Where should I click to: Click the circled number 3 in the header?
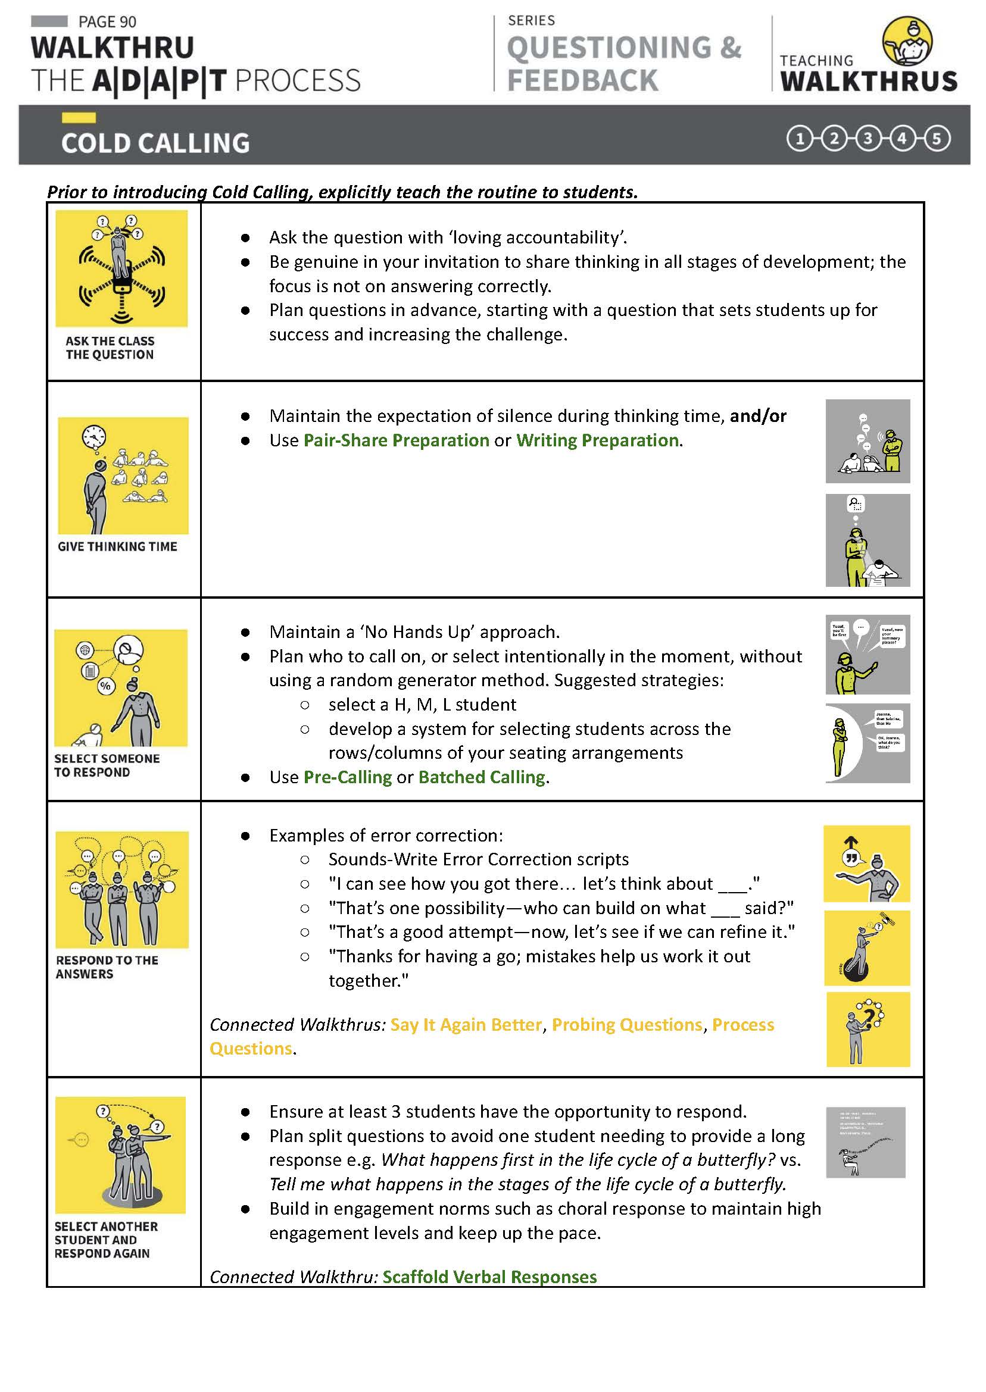click(x=868, y=139)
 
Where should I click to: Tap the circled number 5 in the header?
click(x=935, y=139)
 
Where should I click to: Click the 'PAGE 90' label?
click(x=107, y=22)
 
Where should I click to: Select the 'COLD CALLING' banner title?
click(x=155, y=143)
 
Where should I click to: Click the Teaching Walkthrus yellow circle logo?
click(x=906, y=42)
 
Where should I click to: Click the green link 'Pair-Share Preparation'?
click(x=396, y=440)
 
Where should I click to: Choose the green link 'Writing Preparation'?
click(x=597, y=440)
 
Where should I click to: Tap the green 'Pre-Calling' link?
click(x=347, y=777)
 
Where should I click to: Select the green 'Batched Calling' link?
click(x=482, y=777)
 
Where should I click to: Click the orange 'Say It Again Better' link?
click(x=466, y=1024)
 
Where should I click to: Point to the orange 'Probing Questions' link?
click(x=627, y=1024)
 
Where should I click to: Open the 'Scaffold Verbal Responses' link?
click(x=489, y=1277)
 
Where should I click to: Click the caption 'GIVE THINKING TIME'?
click(x=117, y=546)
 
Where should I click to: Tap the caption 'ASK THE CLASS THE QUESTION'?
click(x=110, y=348)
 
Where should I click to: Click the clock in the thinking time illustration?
click(x=94, y=436)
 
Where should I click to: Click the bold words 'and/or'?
click(x=758, y=415)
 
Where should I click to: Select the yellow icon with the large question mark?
click(x=868, y=1029)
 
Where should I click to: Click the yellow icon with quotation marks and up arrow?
click(x=866, y=864)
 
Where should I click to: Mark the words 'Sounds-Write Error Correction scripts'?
click(x=479, y=859)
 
